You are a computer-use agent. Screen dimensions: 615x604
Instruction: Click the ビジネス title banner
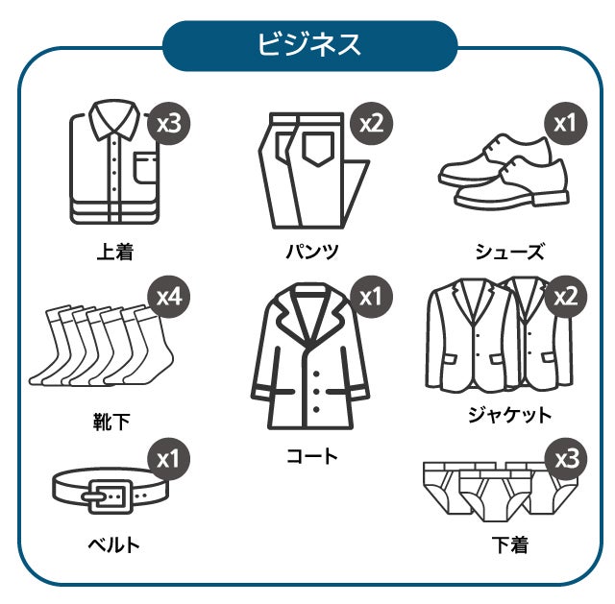point(309,46)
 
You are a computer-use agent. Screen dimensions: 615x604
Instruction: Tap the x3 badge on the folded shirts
point(169,124)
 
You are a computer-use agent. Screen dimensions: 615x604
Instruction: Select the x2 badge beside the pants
point(371,124)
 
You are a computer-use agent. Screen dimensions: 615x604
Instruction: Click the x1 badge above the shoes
point(566,124)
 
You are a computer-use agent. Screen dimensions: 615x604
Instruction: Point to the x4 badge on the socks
point(169,297)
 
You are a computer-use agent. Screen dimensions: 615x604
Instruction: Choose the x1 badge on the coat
point(371,297)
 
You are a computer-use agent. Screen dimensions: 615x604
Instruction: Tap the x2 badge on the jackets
point(566,297)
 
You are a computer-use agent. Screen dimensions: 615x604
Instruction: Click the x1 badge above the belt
point(169,459)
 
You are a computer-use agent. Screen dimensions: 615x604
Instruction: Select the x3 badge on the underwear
point(567,459)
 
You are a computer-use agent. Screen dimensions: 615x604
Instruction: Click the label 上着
point(115,252)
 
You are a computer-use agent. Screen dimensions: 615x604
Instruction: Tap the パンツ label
point(312,252)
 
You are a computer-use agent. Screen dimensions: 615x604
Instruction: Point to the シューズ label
point(510,252)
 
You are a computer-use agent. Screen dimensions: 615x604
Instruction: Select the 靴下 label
point(111,422)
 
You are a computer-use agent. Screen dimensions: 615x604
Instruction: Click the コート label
point(312,456)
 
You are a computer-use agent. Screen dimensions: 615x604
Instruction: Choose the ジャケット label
point(510,415)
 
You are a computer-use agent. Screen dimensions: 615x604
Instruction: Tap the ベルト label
point(114,544)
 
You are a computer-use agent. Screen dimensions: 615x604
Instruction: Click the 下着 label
point(510,544)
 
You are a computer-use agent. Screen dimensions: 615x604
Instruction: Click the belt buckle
point(110,496)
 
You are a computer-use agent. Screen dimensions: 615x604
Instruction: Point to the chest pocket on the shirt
point(146,168)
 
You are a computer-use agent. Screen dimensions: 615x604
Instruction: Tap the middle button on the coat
point(316,392)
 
